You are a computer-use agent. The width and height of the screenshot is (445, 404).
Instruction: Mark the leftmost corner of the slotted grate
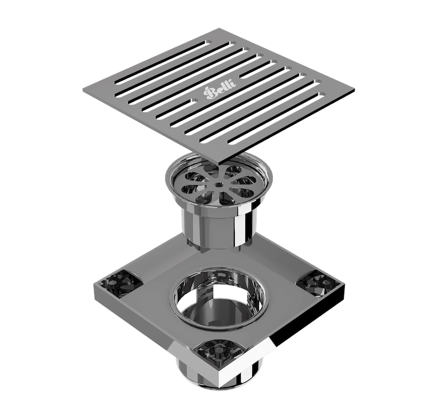[x=83, y=89]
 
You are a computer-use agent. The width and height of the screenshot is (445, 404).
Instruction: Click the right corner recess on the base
[x=316, y=283]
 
